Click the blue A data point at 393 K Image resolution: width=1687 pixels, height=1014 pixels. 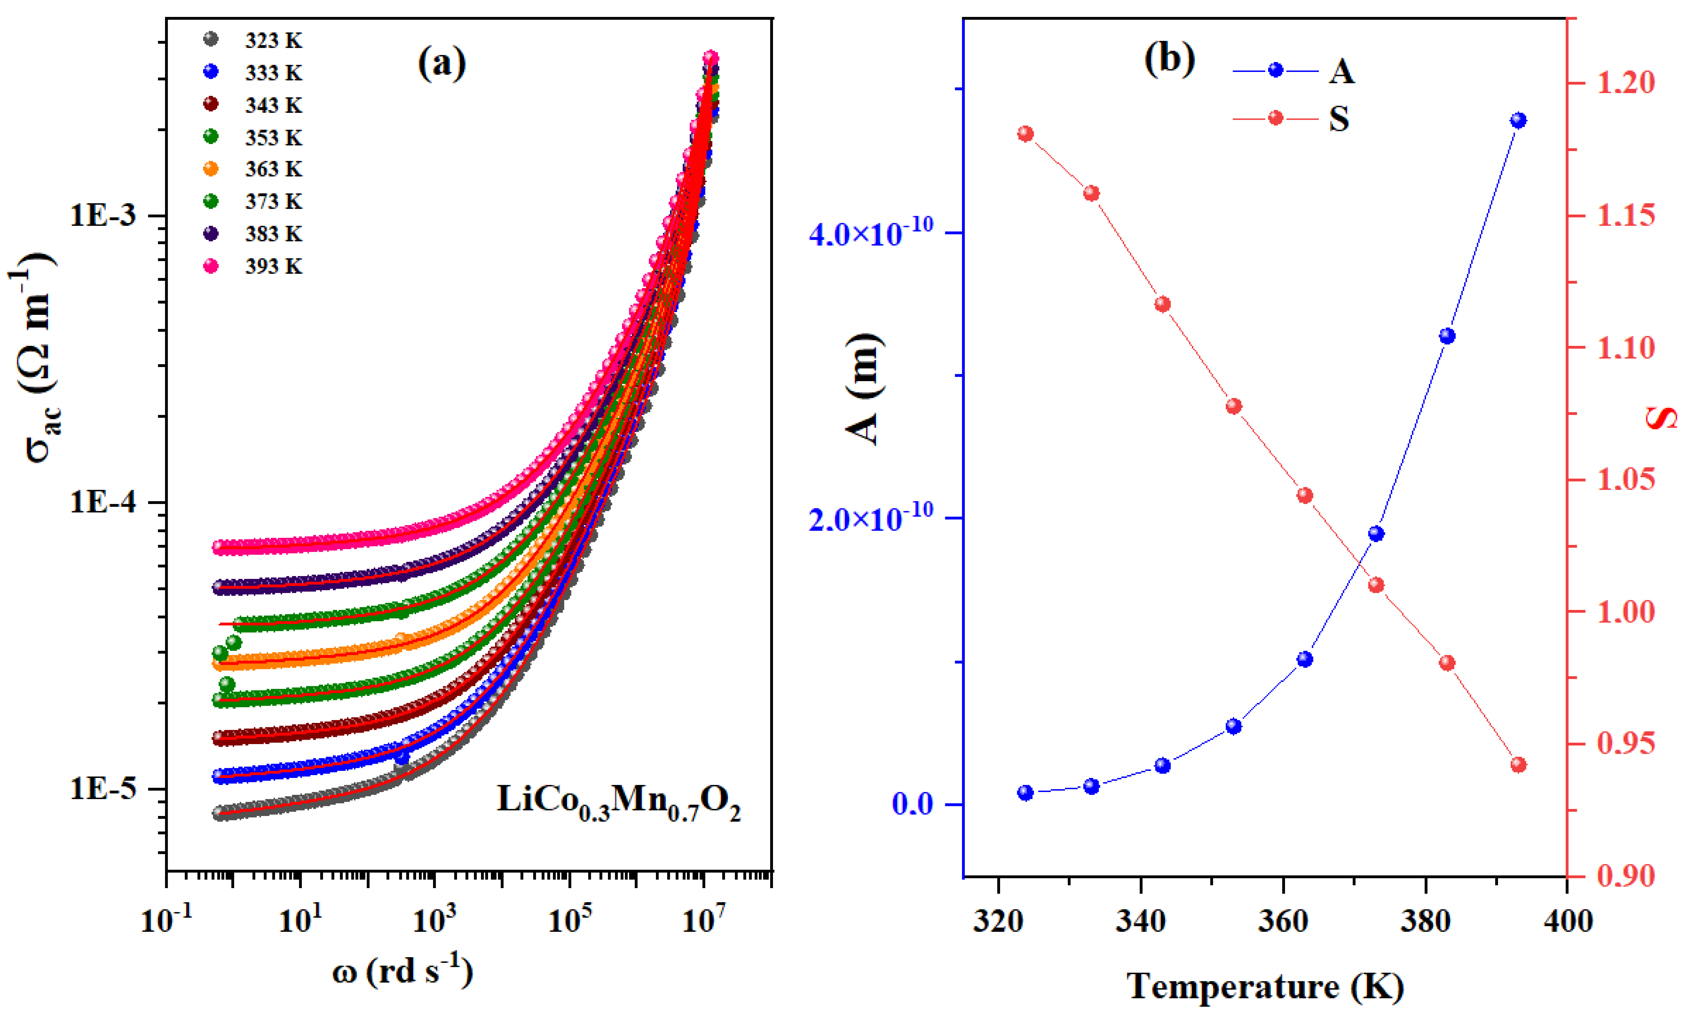[1518, 120]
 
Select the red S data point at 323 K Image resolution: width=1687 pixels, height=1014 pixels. [1025, 134]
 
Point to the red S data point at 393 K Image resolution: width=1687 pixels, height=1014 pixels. [1518, 765]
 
